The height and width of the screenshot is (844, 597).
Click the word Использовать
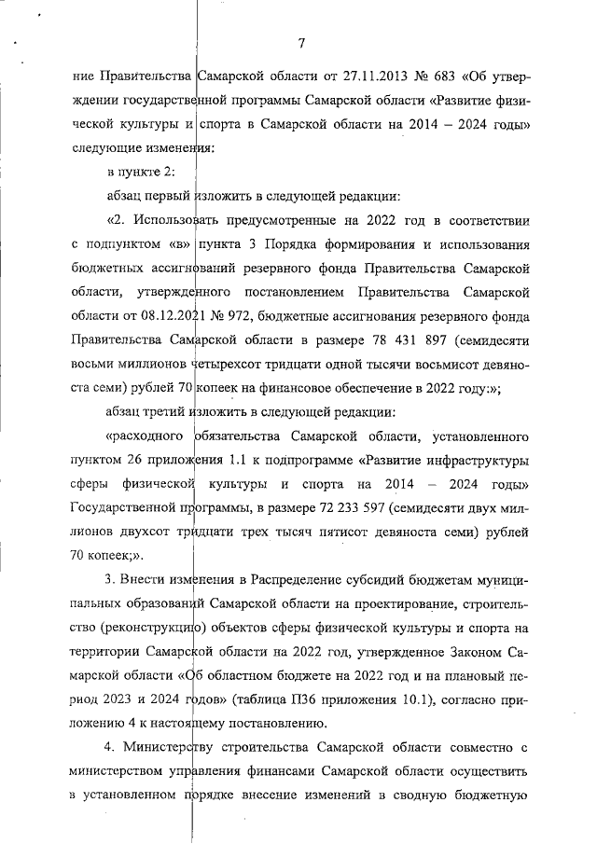pos(175,221)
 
